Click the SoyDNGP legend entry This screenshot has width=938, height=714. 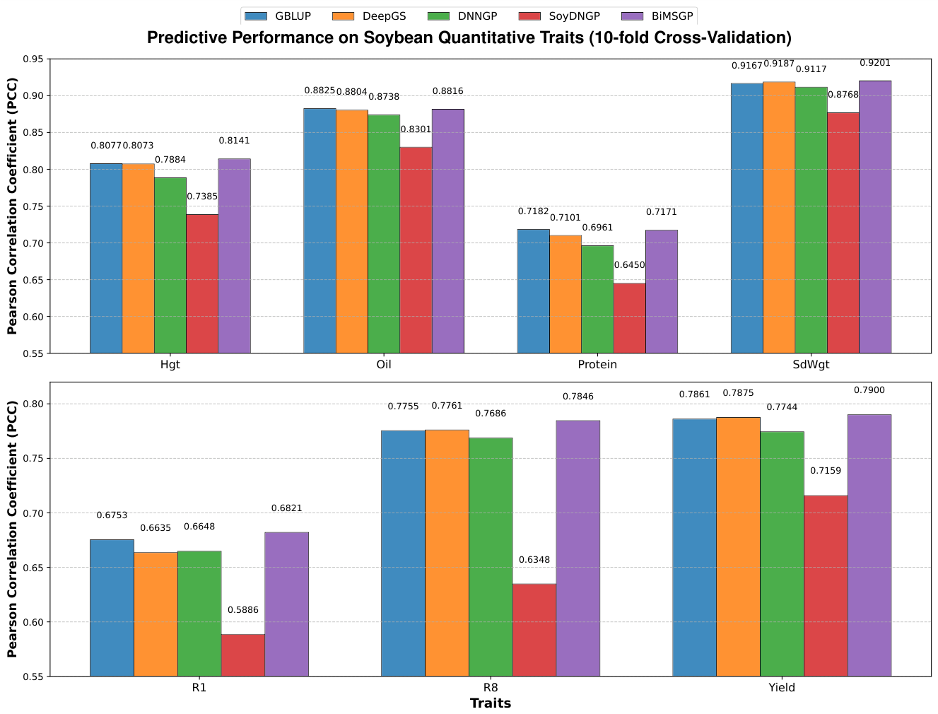point(559,16)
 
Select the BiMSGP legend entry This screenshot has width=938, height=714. point(657,16)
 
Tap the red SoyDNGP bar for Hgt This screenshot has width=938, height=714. point(202,283)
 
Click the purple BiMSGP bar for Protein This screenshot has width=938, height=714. point(661,291)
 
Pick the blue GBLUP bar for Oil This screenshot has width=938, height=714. point(319,230)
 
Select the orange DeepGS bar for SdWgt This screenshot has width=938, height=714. point(779,218)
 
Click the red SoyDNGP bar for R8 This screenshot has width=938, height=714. point(534,630)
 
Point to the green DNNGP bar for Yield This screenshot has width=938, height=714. point(782,554)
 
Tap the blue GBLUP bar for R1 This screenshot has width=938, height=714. point(112,607)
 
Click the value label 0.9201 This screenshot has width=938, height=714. point(875,63)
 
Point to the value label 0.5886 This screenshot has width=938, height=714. point(242,610)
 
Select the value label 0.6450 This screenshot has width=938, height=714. point(629,265)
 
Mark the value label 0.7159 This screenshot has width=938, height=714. point(825,470)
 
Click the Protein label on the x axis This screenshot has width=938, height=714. point(597,365)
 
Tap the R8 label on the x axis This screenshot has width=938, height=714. point(491,688)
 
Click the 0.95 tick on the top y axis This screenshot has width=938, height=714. point(33,59)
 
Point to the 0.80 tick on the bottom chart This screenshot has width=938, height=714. point(33,404)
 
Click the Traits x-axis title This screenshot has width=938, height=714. point(491,703)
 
